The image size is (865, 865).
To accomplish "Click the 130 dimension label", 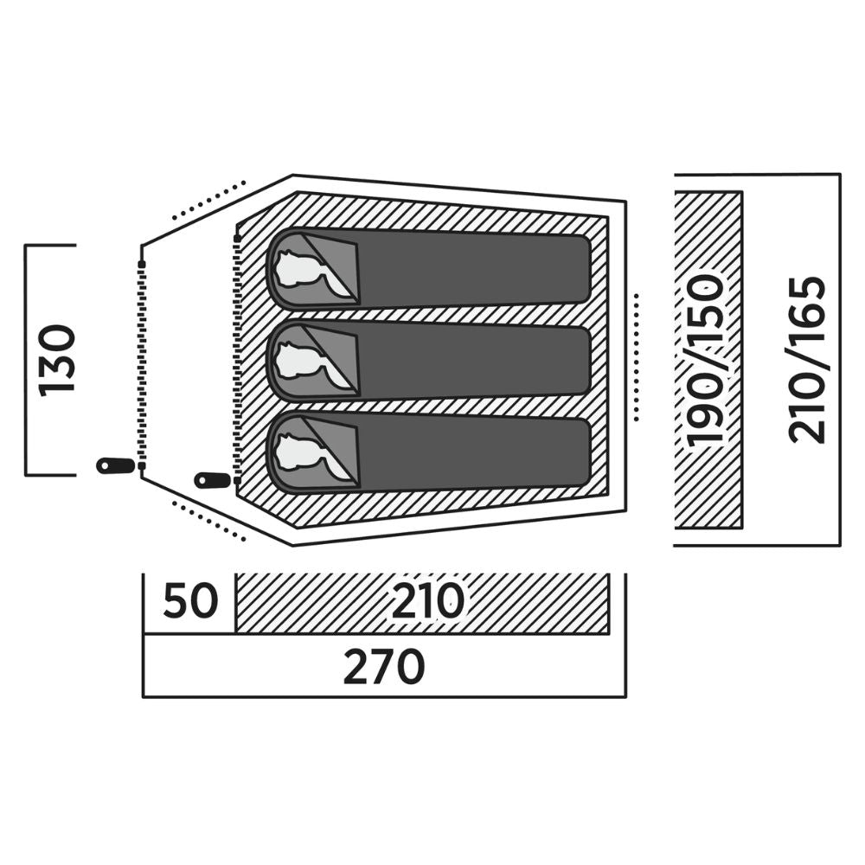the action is [57, 360].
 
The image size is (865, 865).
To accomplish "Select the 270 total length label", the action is [384, 666].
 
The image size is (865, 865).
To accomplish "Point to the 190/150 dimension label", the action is [706, 360].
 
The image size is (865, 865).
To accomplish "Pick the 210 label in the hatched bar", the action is [428, 601].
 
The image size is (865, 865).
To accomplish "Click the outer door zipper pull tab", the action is [115, 465].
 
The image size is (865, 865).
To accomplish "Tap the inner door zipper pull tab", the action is [213, 480].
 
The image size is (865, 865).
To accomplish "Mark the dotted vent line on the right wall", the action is [637, 357].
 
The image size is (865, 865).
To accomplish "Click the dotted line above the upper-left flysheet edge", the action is [208, 200].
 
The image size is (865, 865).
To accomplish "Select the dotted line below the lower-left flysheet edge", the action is [208, 521].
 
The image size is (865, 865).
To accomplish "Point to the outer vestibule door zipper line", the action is [142, 365].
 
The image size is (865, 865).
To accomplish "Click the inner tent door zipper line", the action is [238, 360].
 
